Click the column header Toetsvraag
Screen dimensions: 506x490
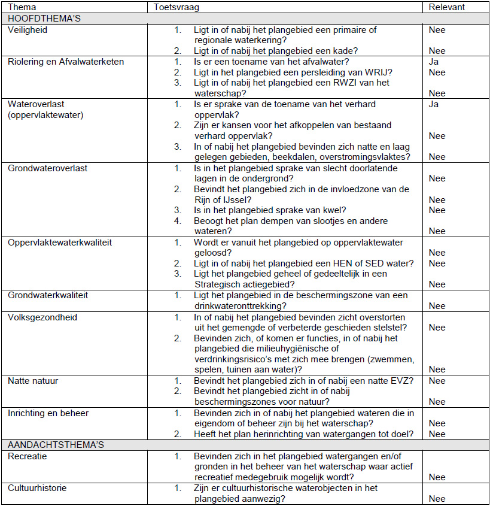[x=176, y=8]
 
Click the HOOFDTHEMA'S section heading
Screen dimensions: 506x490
[x=44, y=19]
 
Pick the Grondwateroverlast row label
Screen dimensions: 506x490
[x=47, y=168]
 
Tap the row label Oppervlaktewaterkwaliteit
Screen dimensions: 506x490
[x=60, y=243]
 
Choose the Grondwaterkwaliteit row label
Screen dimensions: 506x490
[x=48, y=295]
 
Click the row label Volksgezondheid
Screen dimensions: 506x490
[x=42, y=317]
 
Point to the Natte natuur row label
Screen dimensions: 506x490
[x=33, y=381]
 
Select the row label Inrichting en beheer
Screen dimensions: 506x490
[x=47, y=413]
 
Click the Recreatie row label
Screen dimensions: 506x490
[x=28, y=456]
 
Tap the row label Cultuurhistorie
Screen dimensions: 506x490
[x=37, y=488]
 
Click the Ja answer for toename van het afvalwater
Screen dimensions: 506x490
[x=434, y=62]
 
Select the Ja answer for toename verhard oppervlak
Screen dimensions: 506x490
[x=434, y=104]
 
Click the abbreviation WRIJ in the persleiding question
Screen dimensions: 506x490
[x=381, y=72]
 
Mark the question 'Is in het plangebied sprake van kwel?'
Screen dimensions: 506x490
[x=270, y=210]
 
